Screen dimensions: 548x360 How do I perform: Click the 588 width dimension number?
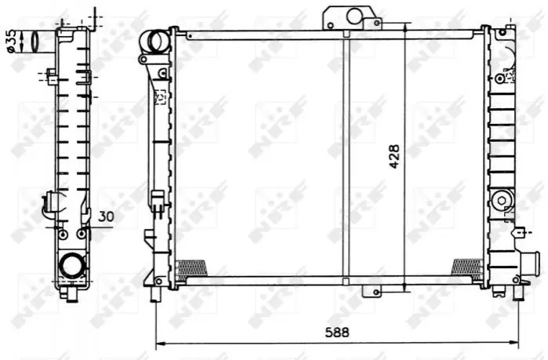tap(337, 333)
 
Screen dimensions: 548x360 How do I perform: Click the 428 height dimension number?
tap(394, 157)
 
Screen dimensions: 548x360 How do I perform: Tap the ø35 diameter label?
tap(11, 42)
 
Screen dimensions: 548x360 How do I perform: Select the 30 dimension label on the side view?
tap(106, 216)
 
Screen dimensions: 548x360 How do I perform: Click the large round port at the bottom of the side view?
tap(73, 266)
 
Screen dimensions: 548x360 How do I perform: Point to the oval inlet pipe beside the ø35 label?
tap(36, 42)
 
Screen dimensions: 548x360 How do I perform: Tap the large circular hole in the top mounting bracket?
tap(354, 16)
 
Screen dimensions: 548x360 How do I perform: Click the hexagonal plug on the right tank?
tap(502, 201)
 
